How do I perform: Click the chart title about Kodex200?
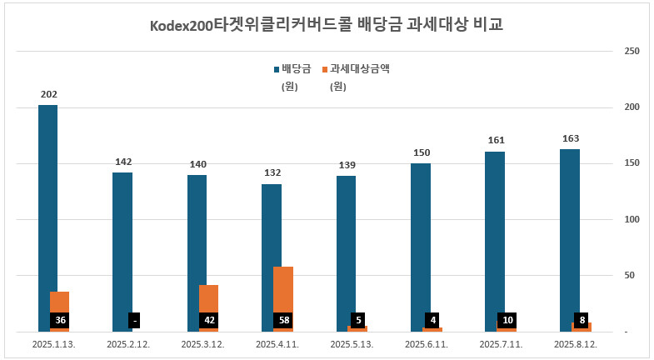[326, 24]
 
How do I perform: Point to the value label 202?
[48, 94]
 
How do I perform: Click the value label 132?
[272, 172]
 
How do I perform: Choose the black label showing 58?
[283, 320]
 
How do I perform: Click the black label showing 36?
[59, 320]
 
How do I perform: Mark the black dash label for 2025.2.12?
[134, 320]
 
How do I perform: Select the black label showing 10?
[507, 320]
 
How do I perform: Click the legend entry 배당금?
[291, 69]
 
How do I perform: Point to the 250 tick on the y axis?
[632, 52]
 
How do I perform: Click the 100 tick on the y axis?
[632, 219]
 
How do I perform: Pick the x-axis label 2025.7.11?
[502, 344]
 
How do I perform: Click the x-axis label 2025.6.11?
[427, 344]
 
